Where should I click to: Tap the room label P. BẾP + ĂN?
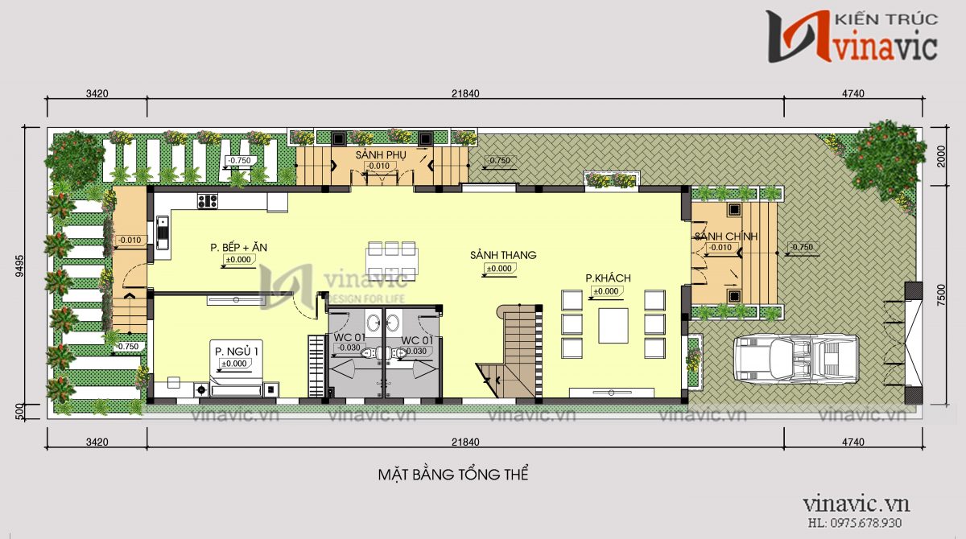[x=238, y=248]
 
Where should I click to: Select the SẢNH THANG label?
[x=503, y=255]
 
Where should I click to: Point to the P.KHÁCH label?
[x=608, y=278]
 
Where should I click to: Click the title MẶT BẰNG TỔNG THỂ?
[x=453, y=474]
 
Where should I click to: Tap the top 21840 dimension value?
[x=465, y=93]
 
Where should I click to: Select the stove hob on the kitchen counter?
[x=207, y=201]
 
